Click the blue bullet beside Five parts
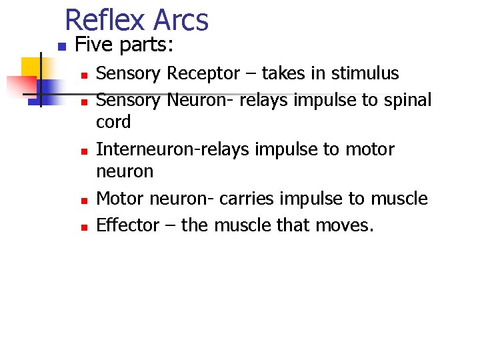click(60, 47)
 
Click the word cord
click(114, 122)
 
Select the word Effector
click(128, 225)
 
